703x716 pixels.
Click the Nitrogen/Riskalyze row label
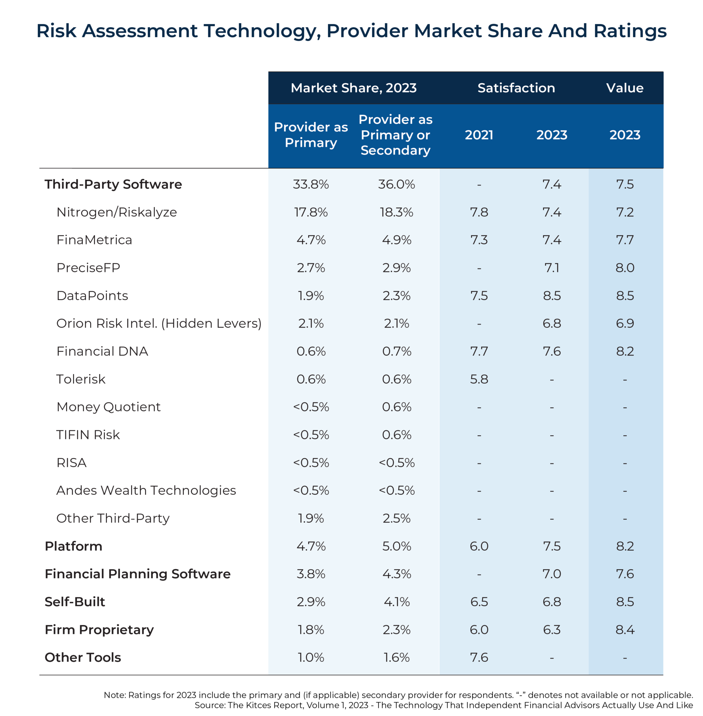[x=117, y=212]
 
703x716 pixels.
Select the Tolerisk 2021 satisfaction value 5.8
[x=479, y=379]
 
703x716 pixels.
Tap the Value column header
[x=625, y=88]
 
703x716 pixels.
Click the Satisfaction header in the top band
[x=516, y=88]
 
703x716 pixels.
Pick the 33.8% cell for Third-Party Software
[x=311, y=184]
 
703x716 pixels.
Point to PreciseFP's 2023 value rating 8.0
[x=625, y=268]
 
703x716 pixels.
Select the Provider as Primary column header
[x=311, y=135]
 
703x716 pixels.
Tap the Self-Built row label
[x=75, y=602]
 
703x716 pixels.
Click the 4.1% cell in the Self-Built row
[x=397, y=602]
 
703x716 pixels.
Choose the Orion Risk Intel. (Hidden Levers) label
[x=159, y=323]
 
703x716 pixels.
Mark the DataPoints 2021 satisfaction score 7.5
[x=479, y=295]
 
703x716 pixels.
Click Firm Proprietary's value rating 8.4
[x=625, y=630]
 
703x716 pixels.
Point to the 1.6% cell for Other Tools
[x=397, y=657]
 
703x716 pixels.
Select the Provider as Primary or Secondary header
[x=396, y=135]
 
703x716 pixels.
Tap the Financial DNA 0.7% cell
[x=397, y=351]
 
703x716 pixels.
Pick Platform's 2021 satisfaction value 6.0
[x=479, y=546]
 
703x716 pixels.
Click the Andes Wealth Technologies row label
[x=146, y=490]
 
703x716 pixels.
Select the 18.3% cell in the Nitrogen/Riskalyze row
[x=397, y=212]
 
